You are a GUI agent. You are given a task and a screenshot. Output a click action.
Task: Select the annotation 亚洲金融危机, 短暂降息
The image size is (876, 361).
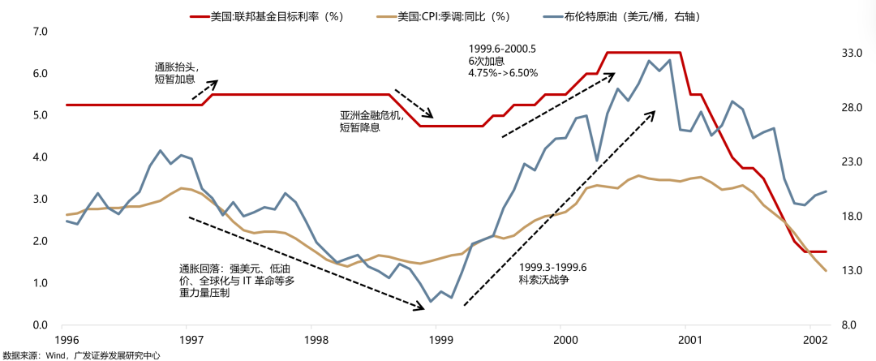pos(371,122)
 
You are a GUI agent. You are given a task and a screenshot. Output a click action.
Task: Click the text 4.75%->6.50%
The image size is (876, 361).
pos(503,73)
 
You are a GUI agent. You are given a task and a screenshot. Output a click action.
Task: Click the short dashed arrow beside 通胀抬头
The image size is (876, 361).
pos(205,89)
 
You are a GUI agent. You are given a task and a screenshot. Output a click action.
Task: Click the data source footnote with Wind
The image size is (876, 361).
pos(81,355)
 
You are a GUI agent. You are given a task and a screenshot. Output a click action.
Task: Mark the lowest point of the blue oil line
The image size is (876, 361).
pos(430,302)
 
